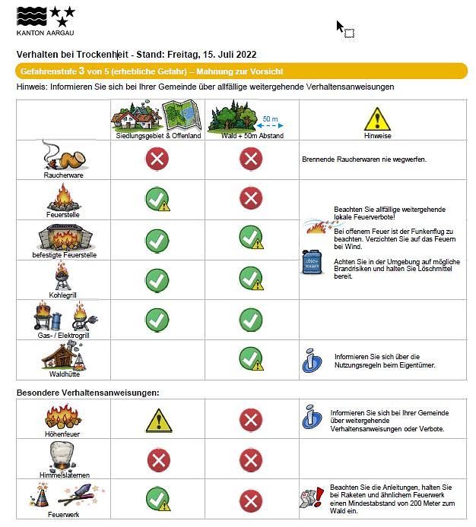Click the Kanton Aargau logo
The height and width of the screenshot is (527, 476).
(46, 20)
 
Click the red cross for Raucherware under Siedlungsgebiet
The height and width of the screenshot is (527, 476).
(157, 159)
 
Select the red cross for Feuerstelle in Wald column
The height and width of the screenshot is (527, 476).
(251, 199)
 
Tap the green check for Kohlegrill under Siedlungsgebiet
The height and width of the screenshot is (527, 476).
(157, 279)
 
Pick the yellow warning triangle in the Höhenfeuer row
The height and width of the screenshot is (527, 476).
(158, 419)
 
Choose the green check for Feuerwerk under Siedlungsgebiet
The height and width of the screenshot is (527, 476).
(157, 499)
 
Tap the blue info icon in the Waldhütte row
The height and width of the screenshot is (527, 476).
(312, 359)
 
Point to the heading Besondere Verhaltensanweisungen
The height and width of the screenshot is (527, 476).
(88, 392)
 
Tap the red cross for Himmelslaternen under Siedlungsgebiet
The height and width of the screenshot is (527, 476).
(157, 459)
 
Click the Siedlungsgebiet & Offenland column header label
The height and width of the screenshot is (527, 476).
(158, 136)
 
